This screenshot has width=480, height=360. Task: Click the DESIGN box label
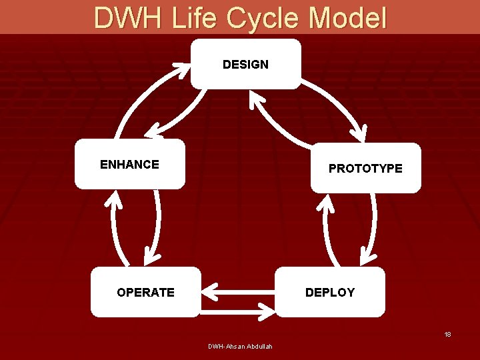pyautogui.click(x=245, y=65)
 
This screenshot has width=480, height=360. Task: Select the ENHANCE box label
pyautogui.click(x=129, y=165)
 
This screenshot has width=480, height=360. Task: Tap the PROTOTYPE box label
pyautogui.click(x=365, y=169)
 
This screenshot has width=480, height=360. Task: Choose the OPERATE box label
pyautogui.click(x=145, y=293)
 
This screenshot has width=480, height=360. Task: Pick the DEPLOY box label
pyautogui.click(x=330, y=293)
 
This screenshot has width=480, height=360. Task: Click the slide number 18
pyautogui.click(x=448, y=334)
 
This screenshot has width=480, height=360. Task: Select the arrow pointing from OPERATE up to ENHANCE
pyautogui.click(x=115, y=227)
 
